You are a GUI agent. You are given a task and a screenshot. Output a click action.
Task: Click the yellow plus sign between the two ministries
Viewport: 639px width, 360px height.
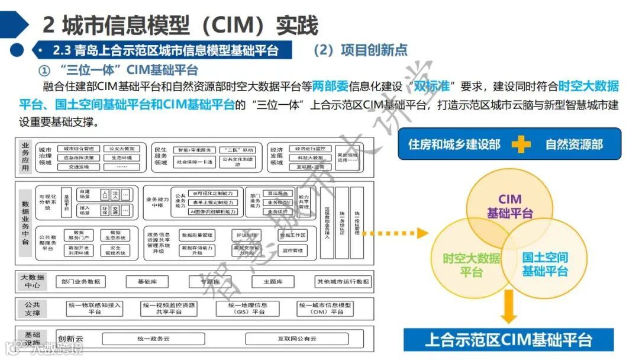coord(521,144)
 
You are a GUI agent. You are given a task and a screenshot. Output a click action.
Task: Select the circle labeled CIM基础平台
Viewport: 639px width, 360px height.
coord(509,206)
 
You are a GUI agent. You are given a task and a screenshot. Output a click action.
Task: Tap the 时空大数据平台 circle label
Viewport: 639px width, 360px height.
coord(471,265)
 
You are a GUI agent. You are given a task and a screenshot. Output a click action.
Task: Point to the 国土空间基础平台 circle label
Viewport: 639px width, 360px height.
coord(545,264)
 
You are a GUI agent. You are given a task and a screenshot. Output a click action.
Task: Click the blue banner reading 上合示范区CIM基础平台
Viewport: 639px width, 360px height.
coord(508,340)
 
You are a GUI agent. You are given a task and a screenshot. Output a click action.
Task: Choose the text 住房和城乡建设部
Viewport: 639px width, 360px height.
coord(454,144)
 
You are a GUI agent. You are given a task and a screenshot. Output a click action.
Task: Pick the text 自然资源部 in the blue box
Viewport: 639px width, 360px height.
coord(574,144)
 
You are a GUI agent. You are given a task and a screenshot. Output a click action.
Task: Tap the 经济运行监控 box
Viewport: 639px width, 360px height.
coord(310,149)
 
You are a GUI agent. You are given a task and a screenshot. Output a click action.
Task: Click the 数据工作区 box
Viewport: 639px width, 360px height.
coord(293,236)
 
